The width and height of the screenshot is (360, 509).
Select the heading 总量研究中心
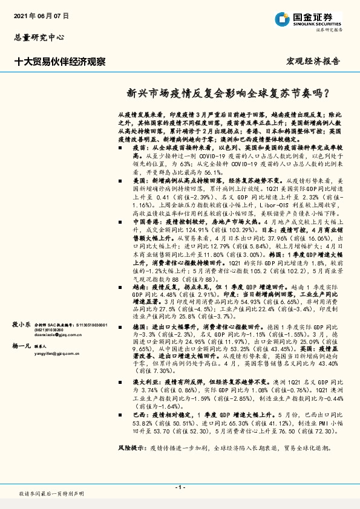pos(38,37)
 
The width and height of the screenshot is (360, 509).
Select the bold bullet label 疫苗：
pos(140,148)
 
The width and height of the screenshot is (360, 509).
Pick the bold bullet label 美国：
pos(140,181)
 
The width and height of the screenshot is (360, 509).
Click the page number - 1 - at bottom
pos(180,487)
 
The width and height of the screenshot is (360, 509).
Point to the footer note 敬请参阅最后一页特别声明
pos(53,494)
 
